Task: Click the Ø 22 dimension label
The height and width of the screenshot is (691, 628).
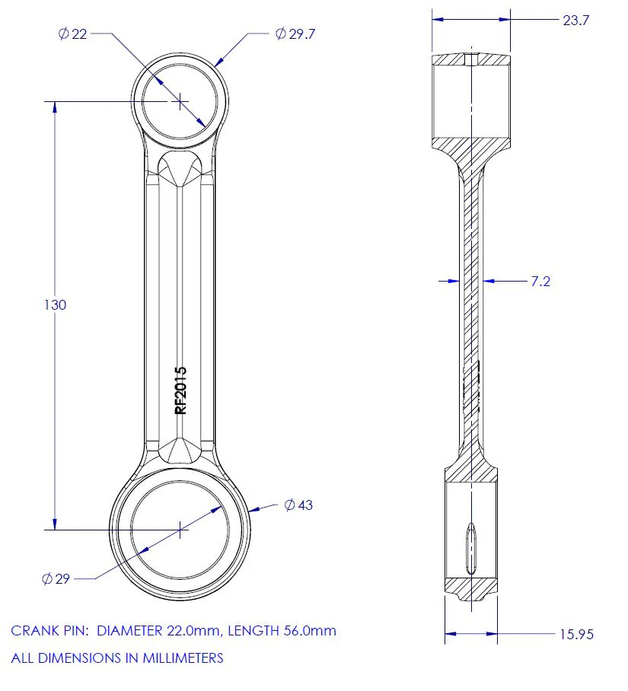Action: click(73, 34)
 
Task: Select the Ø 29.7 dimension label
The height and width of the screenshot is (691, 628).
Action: click(295, 34)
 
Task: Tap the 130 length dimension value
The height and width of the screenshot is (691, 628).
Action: click(55, 304)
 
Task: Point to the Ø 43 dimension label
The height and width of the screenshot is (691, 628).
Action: click(298, 505)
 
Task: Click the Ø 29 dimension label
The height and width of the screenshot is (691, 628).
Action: click(56, 578)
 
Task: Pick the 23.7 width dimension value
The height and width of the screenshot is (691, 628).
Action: click(576, 21)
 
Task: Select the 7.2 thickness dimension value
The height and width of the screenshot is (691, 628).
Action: click(540, 281)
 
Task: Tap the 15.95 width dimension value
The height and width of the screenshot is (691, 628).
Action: click(576, 634)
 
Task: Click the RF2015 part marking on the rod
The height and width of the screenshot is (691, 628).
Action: click(181, 390)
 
